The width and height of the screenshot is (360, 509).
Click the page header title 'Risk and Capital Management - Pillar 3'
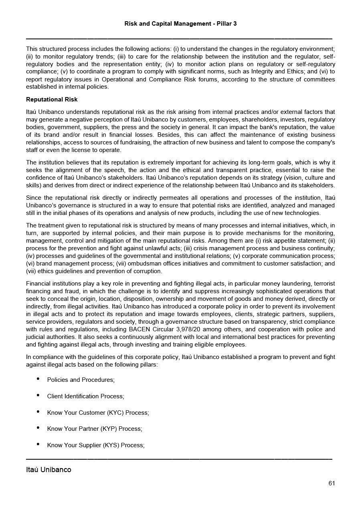coord(180,24)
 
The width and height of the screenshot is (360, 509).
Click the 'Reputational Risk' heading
coord(52,99)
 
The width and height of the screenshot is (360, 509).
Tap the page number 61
coord(332,483)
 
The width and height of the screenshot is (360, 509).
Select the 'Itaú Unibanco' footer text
coord(49,470)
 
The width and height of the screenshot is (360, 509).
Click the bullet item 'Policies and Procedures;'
coord(81,380)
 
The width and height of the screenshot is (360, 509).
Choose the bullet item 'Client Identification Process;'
coord(85,396)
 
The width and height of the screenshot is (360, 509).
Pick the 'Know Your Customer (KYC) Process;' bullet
coord(98,413)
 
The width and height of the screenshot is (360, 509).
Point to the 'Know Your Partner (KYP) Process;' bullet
coord(95,429)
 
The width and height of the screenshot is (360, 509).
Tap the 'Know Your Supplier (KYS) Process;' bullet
coord(96,445)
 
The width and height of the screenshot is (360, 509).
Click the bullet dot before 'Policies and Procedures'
coord(38,379)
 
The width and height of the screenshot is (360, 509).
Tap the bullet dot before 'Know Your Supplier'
coord(38,444)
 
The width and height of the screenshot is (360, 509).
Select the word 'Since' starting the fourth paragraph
coord(34,198)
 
